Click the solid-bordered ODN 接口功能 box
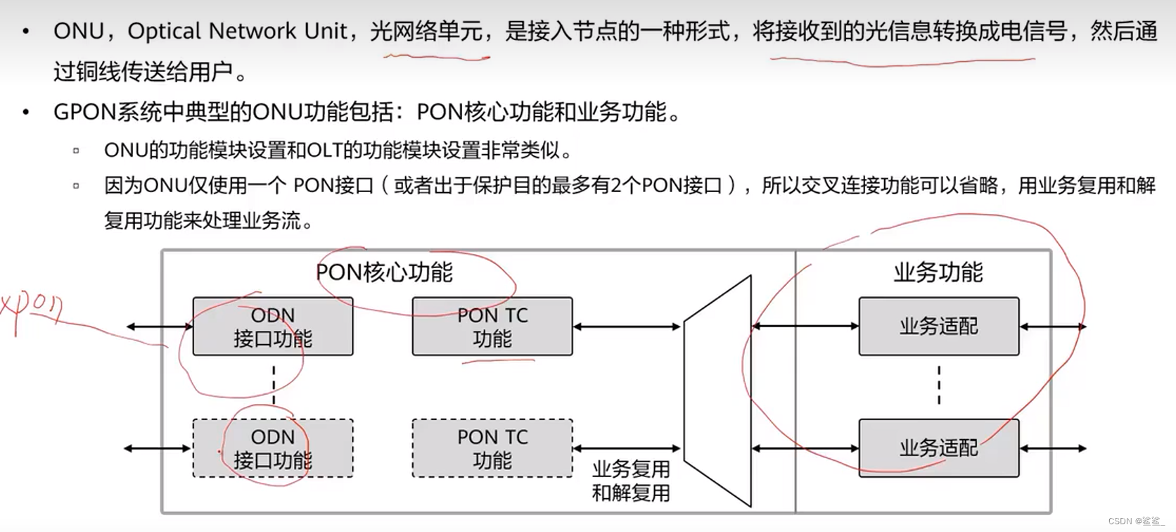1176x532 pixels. click(273, 327)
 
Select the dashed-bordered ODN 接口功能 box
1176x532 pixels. click(273, 448)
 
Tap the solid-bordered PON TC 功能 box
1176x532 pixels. click(492, 327)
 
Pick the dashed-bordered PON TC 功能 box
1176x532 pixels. click(492, 448)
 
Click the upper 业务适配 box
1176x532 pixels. click(938, 327)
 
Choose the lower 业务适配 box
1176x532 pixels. click(938, 448)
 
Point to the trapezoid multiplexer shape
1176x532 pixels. click(717, 391)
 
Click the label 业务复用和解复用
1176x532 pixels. click(631, 481)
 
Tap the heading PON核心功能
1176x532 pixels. click(384, 272)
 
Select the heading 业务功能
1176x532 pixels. click(938, 272)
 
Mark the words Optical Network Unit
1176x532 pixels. click(238, 31)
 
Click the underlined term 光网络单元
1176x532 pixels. click(426, 31)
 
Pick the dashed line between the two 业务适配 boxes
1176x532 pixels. click(939, 386)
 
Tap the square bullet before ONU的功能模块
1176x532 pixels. click(76, 150)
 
